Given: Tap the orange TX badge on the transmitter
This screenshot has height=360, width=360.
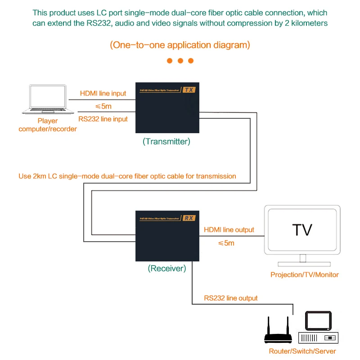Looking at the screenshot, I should point(189,90).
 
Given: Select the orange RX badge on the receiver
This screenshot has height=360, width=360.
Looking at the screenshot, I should point(189,218).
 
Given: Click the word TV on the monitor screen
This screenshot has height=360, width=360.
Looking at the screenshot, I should point(302,229).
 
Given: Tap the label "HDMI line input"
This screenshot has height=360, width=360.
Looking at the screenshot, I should point(103,94).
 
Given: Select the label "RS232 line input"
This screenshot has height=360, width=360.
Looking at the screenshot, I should point(103,119).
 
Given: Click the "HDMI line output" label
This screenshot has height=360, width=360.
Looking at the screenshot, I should point(229,230).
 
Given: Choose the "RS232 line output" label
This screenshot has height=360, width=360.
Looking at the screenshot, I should point(231,298).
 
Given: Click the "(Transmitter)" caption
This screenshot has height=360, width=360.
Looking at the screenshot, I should point(166,141).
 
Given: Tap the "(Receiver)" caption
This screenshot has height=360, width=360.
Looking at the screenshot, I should point(167,269).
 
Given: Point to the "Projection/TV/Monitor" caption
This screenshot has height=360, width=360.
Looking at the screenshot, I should point(304,274).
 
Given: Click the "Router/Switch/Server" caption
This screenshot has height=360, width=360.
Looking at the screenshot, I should point(302,351).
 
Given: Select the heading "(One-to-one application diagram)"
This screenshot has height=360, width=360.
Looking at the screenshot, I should point(180,45).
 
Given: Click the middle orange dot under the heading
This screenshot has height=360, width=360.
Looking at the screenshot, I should point(180,61).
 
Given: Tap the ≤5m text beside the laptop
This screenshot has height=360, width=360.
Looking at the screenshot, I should point(103,107).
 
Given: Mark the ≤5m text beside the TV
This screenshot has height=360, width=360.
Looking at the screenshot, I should point(226,243).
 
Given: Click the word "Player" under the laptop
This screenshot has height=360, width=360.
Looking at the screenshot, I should point(48,121).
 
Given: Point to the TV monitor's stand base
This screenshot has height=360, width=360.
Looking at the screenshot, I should point(302,264).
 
